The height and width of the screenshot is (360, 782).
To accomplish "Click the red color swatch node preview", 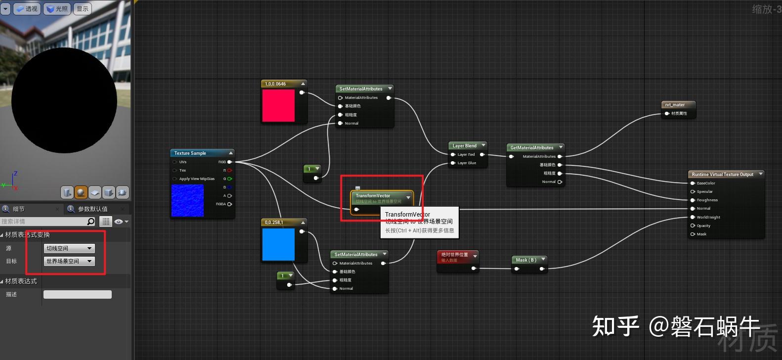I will pos(278,105).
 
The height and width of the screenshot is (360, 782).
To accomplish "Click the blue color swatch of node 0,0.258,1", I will pos(278,244).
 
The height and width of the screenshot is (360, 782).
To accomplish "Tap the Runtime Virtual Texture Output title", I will pos(722,175).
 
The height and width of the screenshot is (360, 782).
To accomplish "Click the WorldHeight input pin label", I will pos(708,217).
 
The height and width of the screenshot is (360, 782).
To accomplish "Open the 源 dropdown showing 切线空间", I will pos(69,248).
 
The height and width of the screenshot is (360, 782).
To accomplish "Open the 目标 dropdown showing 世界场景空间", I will pos(69,261).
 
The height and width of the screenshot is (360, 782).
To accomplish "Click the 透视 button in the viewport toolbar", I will pos(27,9).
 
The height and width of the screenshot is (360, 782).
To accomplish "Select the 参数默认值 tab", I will pos(92,209).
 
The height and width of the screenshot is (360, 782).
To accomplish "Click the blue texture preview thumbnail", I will pos(187,200).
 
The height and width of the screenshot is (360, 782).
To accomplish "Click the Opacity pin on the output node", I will pos(703,225).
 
